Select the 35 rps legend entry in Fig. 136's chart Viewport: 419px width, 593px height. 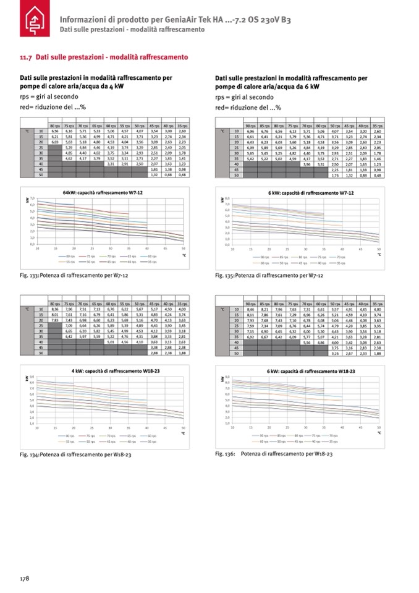(331, 442)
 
